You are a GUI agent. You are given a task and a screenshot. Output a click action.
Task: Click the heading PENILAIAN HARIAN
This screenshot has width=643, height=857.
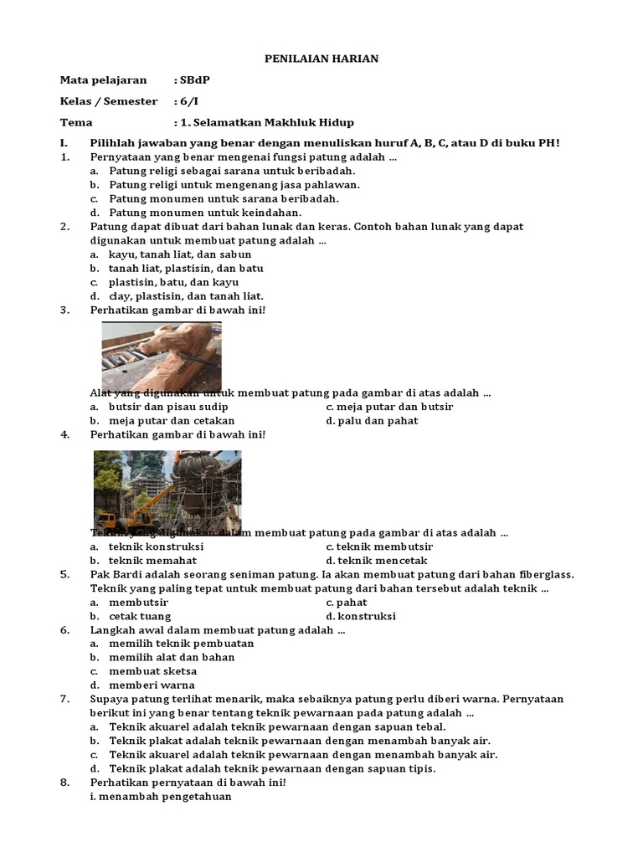pos(321,59)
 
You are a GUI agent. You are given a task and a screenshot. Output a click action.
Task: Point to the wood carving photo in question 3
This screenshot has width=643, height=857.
pos(162,357)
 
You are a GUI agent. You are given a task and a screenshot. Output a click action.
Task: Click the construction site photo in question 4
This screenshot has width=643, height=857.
pos(167,491)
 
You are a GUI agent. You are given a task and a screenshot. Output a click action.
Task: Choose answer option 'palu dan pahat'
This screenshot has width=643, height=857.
pos(378,421)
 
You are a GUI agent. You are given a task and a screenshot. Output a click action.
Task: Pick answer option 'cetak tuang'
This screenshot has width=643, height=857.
pos(140,616)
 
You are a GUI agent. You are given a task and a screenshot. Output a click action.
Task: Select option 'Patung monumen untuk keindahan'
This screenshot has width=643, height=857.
pos(193,213)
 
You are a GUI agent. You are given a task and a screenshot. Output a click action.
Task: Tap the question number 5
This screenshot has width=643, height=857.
pos(64,574)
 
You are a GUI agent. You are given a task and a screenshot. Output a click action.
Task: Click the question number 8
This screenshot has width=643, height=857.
pos(64,783)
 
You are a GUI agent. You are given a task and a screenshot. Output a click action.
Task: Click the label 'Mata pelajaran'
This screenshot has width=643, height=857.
pos(103,80)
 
